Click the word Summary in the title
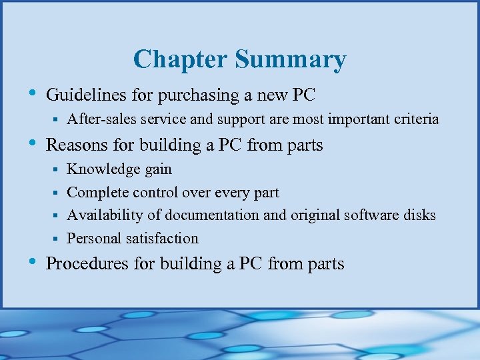[290, 61]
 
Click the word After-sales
[97, 119]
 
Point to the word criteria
[417, 119]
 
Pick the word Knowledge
[101, 170]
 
